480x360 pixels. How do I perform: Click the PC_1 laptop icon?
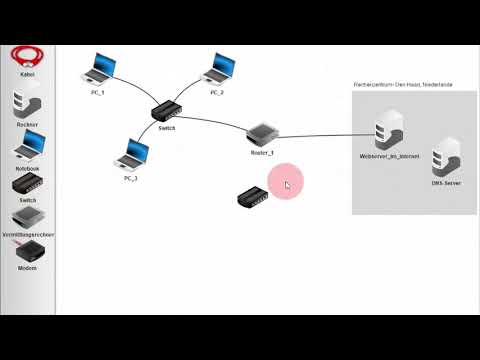coord(100,70)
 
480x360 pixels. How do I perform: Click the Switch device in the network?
coord(166,113)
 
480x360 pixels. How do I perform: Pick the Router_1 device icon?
coord(261,134)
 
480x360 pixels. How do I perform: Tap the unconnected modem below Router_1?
coord(252,196)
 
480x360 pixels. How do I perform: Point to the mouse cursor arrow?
coord(287,183)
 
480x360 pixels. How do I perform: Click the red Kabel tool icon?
coord(28,57)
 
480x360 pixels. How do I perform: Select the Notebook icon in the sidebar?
coord(28,147)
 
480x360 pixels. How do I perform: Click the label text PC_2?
coord(218,92)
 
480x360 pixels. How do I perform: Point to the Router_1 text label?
coord(262,153)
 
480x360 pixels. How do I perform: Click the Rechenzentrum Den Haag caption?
coord(403,85)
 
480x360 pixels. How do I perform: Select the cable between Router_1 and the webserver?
coord(320,135)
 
